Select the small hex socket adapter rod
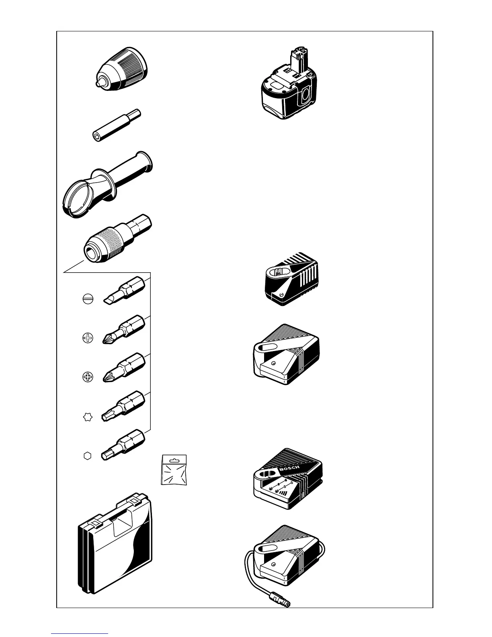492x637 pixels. pos(115,125)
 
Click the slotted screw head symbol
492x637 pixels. pos(88,300)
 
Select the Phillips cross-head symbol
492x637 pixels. pos(87,338)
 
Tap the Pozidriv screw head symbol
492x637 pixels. pos(87,377)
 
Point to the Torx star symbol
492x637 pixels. pos(87,417)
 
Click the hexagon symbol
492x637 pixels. pos(87,456)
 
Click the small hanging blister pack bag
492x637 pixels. pos(174,469)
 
